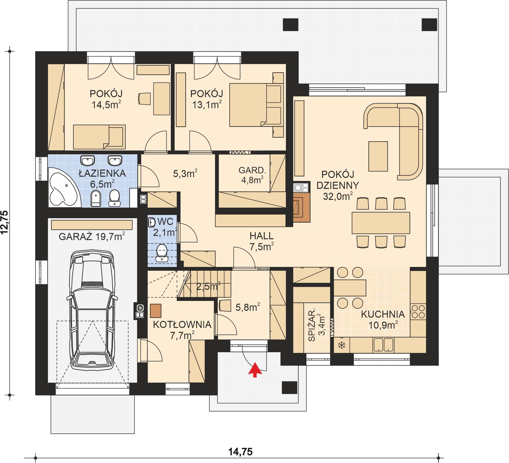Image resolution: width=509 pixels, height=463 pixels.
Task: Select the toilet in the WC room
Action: point(162,253)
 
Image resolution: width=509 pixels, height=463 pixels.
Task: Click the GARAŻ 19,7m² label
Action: point(92,236)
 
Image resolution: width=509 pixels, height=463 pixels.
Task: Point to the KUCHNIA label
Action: point(383,314)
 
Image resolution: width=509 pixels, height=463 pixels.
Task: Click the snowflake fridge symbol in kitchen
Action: point(342,345)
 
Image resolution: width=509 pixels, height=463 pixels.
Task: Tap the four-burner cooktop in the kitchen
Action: point(418,312)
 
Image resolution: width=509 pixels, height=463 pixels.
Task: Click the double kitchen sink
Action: point(383,345)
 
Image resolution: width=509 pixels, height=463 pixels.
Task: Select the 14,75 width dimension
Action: point(240,452)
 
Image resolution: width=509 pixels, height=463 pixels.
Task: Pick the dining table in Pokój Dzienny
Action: point(381,223)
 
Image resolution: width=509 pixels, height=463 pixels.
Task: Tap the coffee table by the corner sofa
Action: point(378,156)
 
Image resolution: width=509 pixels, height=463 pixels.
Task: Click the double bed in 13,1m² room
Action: point(252,105)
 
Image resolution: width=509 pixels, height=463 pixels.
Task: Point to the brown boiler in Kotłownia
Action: point(156,311)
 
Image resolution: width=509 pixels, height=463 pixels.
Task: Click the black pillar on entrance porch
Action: point(289,388)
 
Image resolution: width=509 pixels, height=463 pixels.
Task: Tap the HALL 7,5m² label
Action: point(261,241)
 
